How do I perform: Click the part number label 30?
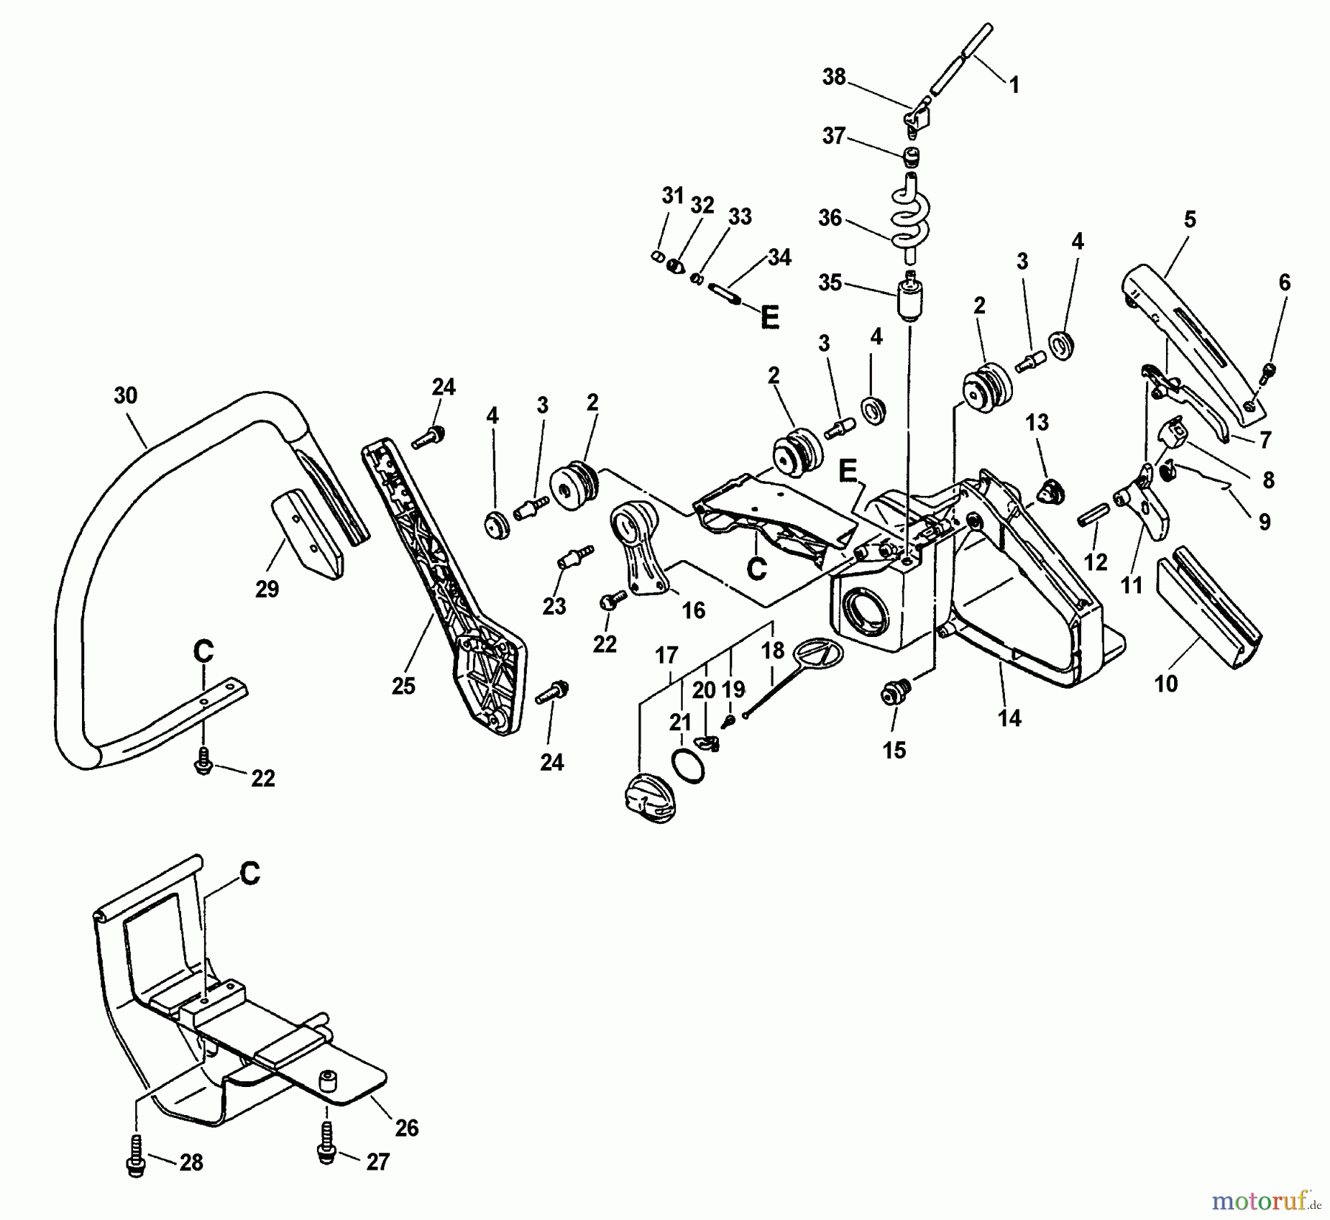click(126, 396)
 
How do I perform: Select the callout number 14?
click(1009, 718)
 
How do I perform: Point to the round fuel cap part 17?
click(645, 799)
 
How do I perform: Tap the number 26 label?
click(406, 1128)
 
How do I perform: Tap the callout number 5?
click(1189, 219)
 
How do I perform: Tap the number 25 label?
click(403, 686)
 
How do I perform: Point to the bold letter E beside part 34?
click(769, 318)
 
